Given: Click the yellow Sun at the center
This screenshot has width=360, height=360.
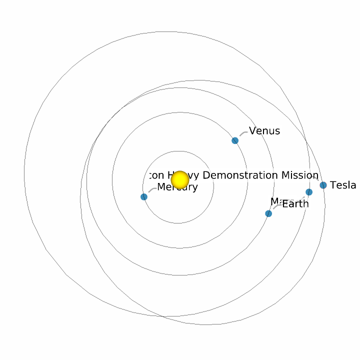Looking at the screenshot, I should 179,179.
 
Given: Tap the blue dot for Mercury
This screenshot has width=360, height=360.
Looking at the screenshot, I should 144,197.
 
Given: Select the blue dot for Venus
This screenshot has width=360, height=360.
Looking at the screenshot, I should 235,140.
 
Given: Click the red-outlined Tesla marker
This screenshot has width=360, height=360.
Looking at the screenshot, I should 323,185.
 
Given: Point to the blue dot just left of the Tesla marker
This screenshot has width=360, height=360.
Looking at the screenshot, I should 309,192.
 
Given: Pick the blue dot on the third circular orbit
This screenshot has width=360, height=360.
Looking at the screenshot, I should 268,213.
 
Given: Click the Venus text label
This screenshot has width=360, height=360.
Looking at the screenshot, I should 264,131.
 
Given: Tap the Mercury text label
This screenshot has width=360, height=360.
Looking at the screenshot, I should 177,187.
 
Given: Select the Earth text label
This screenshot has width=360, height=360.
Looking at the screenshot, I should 295,204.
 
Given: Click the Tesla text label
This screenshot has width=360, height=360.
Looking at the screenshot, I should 343,185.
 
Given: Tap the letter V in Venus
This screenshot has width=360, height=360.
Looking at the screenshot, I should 252,131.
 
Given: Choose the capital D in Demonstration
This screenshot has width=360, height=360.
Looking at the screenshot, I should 206,175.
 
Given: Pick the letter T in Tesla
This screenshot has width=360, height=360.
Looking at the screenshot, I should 333,185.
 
